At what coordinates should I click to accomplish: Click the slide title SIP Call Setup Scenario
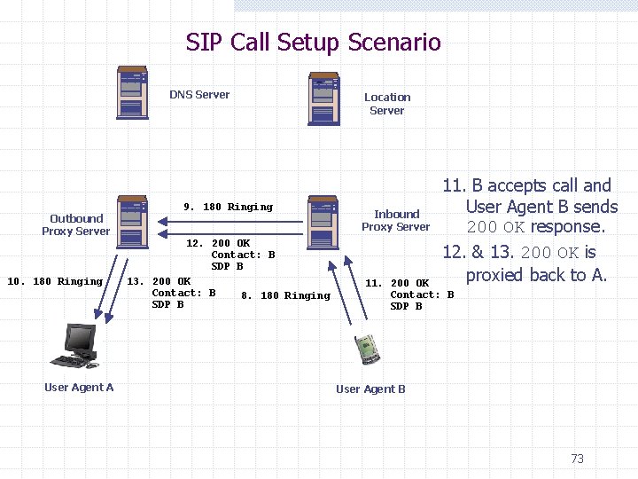[313, 42]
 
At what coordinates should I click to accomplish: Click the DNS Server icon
[132, 92]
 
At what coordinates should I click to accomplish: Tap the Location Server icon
[323, 99]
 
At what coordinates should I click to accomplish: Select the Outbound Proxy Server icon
[132, 219]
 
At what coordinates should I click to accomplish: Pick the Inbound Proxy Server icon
[323, 221]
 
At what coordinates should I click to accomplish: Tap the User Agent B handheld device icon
[367, 349]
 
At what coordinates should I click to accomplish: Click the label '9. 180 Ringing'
[228, 207]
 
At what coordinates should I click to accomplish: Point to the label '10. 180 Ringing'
[55, 281]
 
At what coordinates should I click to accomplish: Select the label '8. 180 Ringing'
[285, 295]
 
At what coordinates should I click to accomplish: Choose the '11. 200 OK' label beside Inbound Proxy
[397, 283]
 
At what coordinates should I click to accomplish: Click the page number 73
[577, 459]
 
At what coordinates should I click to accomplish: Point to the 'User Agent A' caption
[79, 387]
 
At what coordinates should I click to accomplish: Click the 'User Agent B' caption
[370, 389]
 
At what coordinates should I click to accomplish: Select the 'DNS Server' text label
[199, 94]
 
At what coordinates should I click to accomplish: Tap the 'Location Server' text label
[387, 104]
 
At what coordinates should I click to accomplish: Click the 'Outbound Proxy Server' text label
[76, 224]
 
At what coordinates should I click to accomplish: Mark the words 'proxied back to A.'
[536, 275]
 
